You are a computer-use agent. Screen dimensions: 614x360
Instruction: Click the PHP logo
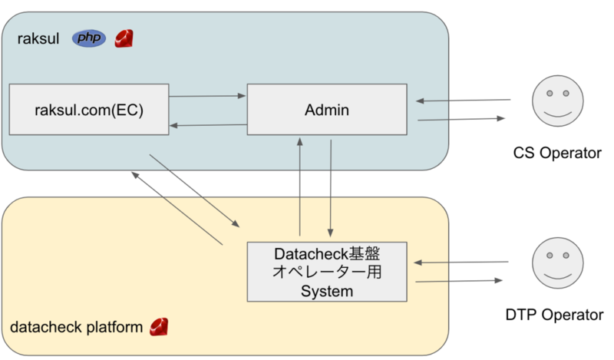(89, 38)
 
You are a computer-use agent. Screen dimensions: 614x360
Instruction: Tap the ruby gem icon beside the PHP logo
(124, 39)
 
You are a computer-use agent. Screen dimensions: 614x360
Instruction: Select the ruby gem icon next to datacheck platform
(159, 327)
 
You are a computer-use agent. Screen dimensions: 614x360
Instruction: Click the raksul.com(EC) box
(89, 109)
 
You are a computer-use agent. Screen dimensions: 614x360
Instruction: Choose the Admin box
(327, 109)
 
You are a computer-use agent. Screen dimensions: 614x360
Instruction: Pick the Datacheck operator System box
(327, 272)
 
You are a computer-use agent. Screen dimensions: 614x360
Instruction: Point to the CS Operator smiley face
(558, 101)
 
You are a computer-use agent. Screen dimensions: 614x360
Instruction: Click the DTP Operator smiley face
(558, 263)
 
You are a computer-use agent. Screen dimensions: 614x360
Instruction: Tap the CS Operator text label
(557, 153)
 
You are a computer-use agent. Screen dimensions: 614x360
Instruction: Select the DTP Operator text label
(554, 315)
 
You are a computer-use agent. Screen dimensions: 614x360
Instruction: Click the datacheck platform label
(76, 327)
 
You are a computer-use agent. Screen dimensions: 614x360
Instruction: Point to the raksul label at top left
(38, 39)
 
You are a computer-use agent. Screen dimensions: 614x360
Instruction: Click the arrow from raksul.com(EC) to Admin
(207, 96)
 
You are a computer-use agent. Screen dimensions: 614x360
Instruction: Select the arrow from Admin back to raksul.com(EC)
(208, 125)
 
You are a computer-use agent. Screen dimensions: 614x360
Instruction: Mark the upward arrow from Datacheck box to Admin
(300, 187)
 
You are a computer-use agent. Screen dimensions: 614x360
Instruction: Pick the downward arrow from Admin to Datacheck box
(331, 188)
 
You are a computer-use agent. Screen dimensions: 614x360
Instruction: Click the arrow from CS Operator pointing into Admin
(464, 101)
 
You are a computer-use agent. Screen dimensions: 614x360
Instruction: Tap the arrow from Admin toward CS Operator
(462, 119)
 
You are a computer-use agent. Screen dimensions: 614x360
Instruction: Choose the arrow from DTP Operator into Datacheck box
(461, 262)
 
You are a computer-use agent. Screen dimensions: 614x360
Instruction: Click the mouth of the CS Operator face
(558, 114)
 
